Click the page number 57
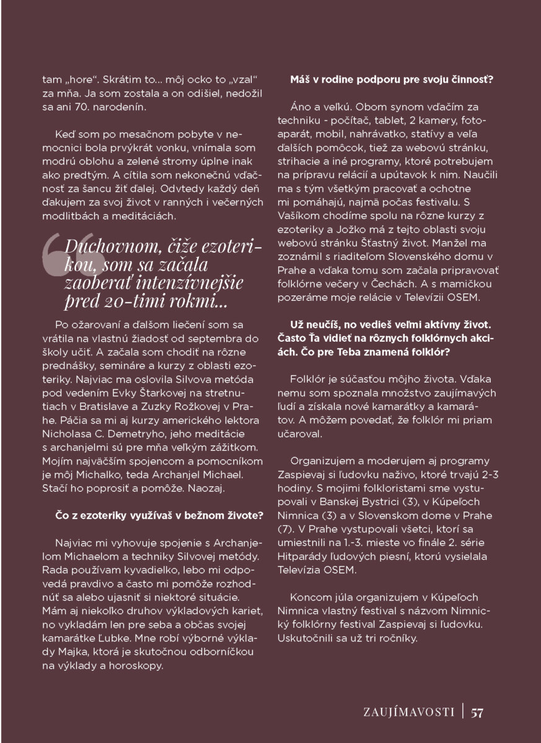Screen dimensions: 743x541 click(477, 711)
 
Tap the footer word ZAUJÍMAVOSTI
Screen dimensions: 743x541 click(409, 711)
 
